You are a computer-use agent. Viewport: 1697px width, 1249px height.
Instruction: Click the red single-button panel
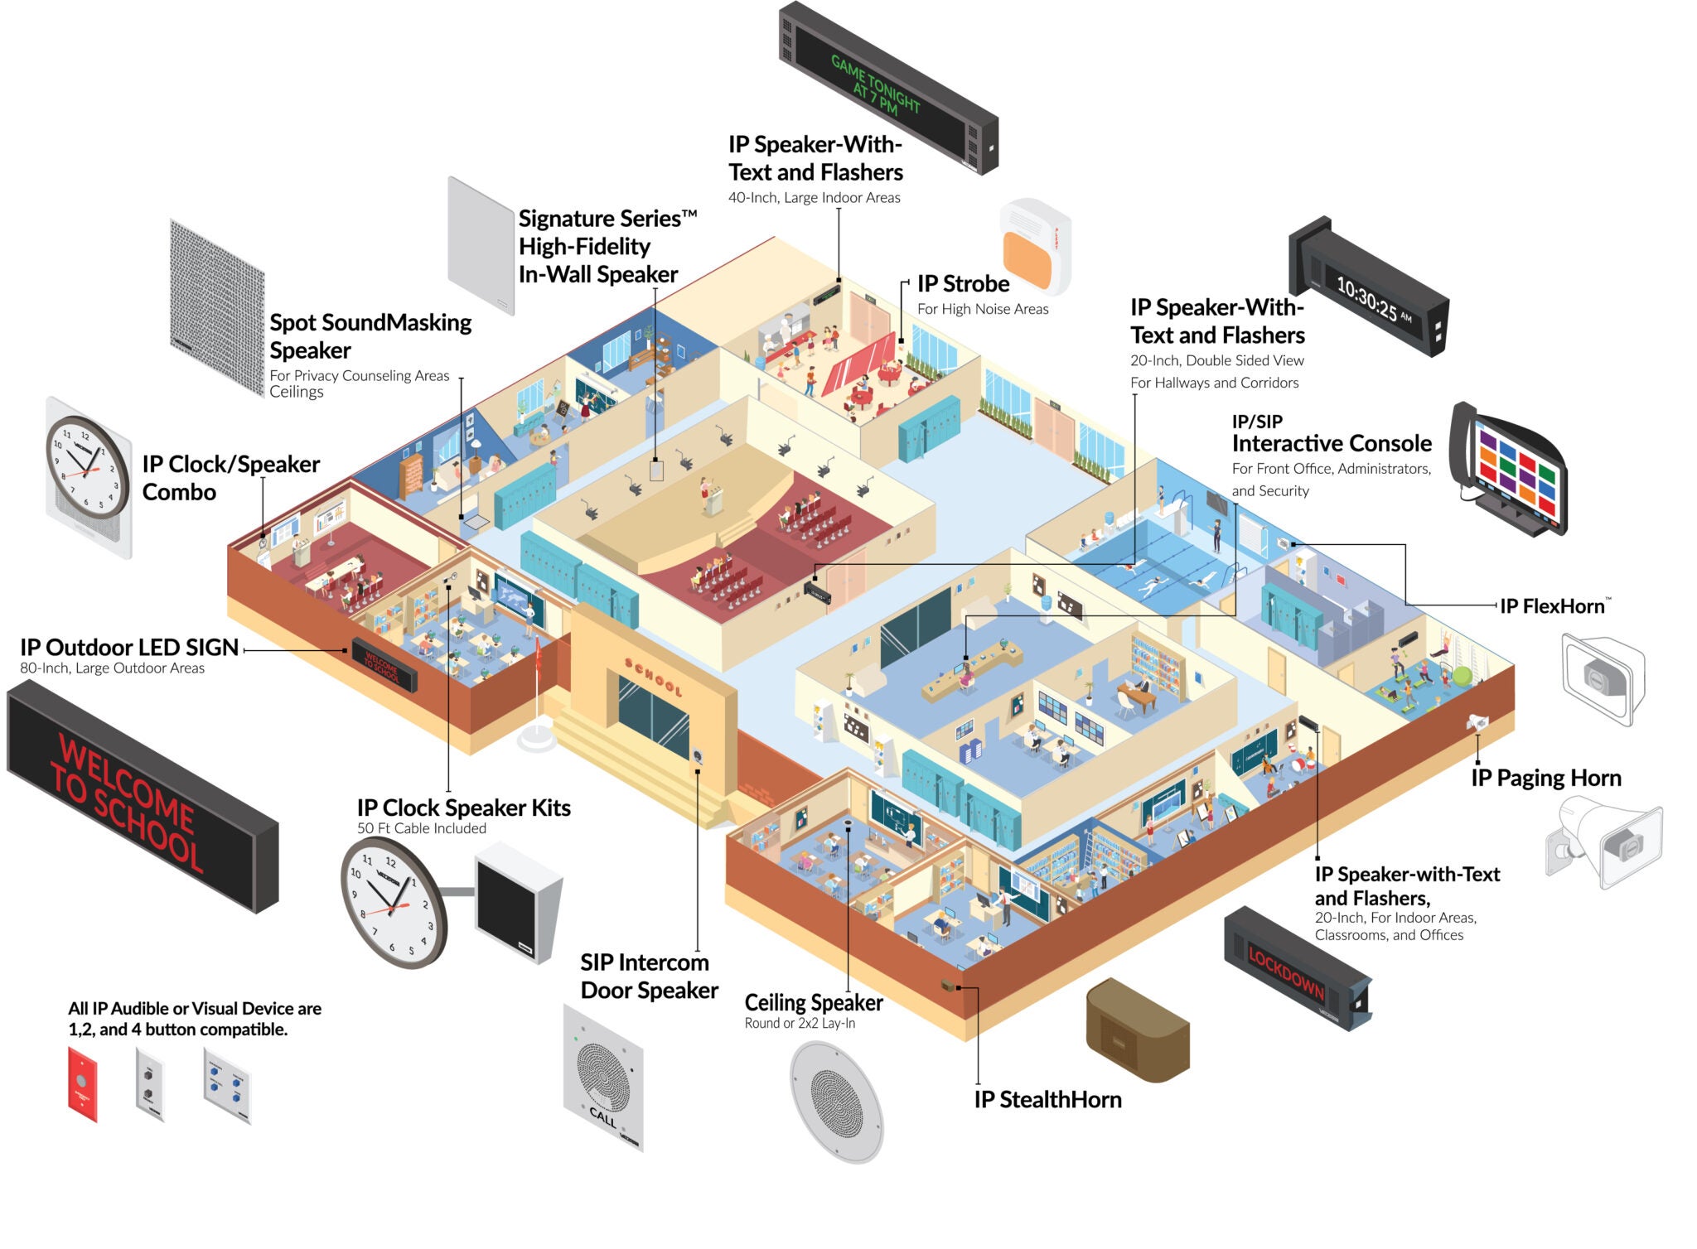pos(82,1083)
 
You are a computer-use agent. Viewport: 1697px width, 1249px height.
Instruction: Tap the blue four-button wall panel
pos(226,1085)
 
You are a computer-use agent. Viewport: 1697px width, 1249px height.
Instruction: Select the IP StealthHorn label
pos(1047,1100)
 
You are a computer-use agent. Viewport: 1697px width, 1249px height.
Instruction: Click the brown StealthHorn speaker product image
pos(1137,1031)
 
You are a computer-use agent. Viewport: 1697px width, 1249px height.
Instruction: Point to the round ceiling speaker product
pos(836,1102)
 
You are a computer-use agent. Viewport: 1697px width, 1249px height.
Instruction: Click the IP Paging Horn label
pos(1545,778)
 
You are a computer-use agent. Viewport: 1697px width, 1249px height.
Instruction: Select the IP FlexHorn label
pos(1552,606)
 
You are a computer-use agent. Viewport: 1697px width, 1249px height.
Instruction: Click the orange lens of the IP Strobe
pos(1027,258)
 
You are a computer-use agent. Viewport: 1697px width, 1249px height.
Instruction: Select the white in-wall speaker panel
pos(481,245)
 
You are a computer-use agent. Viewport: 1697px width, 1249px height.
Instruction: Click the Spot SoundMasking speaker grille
pos(216,307)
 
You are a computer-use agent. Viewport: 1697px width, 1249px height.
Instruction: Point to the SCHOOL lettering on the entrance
pos(654,678)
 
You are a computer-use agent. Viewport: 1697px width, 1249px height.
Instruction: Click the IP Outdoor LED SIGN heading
pos(129,648)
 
